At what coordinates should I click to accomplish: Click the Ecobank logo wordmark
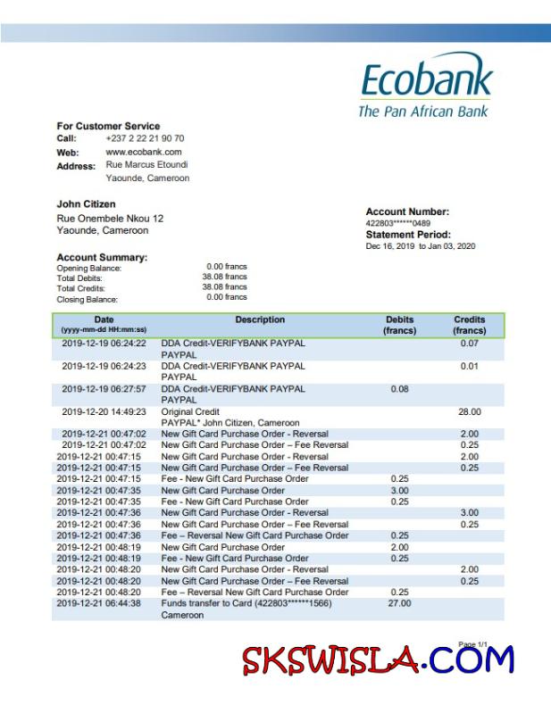pos(426,80)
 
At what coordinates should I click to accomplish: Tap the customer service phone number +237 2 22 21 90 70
pos(145,138)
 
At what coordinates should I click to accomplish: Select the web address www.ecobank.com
pos(137,152)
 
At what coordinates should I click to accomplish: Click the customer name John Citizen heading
pos(86,204)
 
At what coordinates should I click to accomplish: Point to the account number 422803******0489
pos(397,223)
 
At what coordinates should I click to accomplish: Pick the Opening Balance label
pos(89,268)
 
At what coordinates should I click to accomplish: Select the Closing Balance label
pos(88,299)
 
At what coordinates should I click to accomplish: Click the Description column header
pos(260,319)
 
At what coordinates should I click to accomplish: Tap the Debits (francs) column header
pos(399,325)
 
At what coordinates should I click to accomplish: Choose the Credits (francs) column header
pos(469,325)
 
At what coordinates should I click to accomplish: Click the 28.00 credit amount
pos(469,411)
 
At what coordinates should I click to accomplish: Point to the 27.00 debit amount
pos(399,603)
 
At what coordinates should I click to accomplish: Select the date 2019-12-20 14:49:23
pos(104,411)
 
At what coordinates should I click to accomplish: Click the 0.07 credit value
pos(469,343)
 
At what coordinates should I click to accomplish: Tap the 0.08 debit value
pos(399,389)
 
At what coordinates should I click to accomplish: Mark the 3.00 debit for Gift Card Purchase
pos(399,490)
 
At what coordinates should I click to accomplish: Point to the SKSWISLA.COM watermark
pos(378,660)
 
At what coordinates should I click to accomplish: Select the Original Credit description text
pos(189,411)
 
